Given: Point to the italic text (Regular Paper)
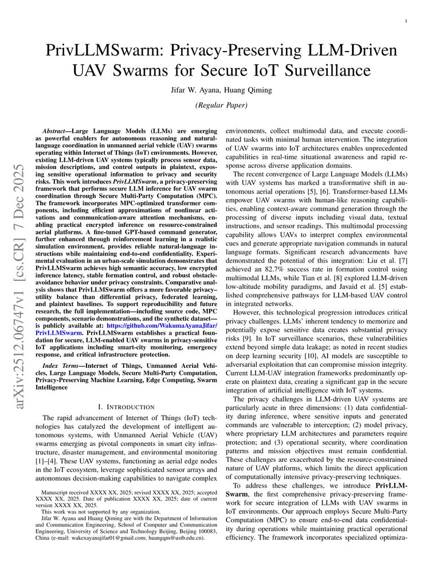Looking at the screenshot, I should point(221,105).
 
